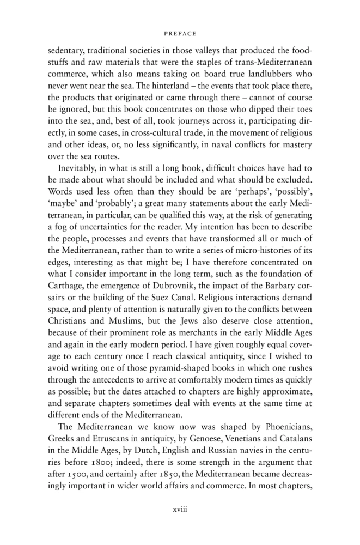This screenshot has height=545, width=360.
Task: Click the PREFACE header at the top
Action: coord(180,33)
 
